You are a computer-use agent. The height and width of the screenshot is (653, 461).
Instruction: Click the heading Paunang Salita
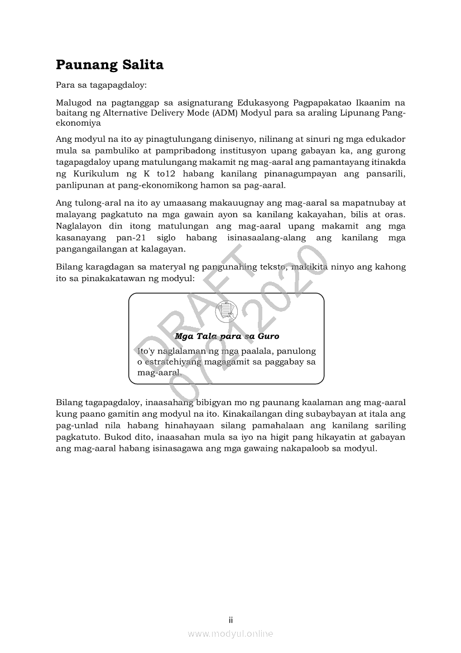[x=109, y=65]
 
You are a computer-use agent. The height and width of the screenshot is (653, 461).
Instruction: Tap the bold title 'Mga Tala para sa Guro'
[x=227, y=336]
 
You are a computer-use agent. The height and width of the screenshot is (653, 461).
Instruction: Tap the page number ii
[x=231, y=620]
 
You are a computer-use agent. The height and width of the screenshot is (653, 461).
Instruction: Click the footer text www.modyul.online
[x=231, y=633]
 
